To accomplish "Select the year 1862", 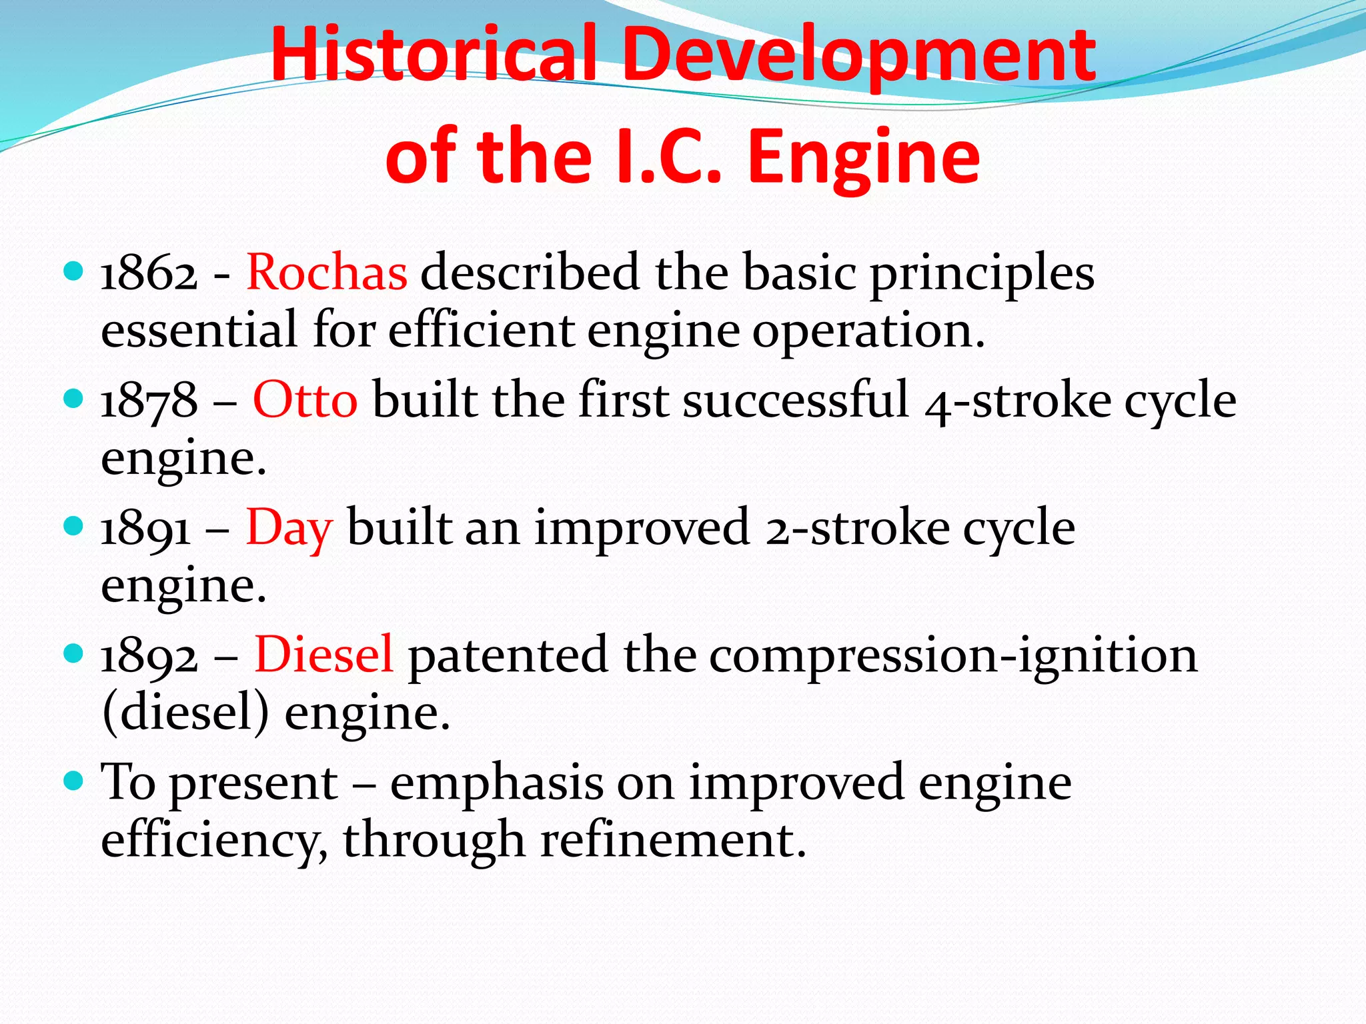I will pos(149,273).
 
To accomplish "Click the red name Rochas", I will pos(327,273).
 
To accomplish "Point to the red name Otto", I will pos(305,401).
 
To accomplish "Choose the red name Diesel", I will pos(323,655).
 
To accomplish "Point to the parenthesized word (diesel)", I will pos(185,713).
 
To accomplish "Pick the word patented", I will pos(508,655).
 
